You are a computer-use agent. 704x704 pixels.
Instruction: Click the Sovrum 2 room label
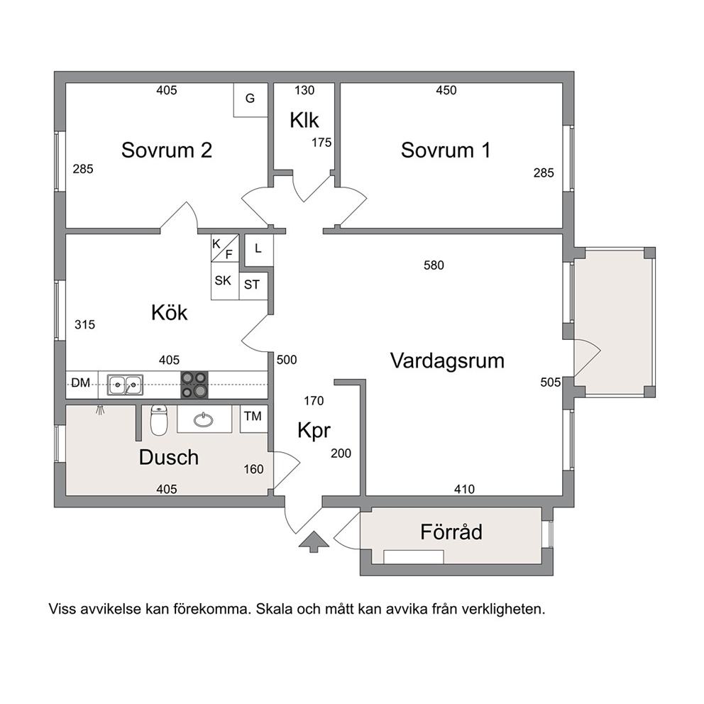pos(167,150)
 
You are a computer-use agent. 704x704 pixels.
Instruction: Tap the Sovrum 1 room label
pos(446,150)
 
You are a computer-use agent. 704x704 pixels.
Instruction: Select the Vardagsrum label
pos(447,361)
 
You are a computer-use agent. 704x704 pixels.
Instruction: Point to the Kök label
pos(170,312)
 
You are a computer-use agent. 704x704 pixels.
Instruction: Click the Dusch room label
pos(169,457)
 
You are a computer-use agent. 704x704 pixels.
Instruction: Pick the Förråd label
pos(451,532)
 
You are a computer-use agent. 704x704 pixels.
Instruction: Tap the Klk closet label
pos(304,121)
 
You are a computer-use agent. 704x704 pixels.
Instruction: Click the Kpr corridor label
pos(314,431)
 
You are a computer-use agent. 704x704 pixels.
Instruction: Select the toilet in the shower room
pos(158,420)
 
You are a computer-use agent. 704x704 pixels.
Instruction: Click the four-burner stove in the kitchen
pos(194,385)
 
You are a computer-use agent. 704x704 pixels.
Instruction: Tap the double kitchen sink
pos(125,385)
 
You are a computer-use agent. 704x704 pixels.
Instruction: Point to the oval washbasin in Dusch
pos(204,420)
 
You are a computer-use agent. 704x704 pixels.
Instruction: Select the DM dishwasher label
pos(81,383)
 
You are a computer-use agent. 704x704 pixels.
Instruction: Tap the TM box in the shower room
pos(253,419)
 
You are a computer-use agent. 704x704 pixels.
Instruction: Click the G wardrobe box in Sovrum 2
pos(251,99)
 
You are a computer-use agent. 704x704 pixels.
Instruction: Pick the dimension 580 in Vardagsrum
pos(434,265)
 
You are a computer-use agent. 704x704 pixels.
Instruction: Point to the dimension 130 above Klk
pos(304,90)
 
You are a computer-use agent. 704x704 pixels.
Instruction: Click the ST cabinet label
pos(251,285)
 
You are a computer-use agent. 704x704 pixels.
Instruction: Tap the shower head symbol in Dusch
pos(100,410)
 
